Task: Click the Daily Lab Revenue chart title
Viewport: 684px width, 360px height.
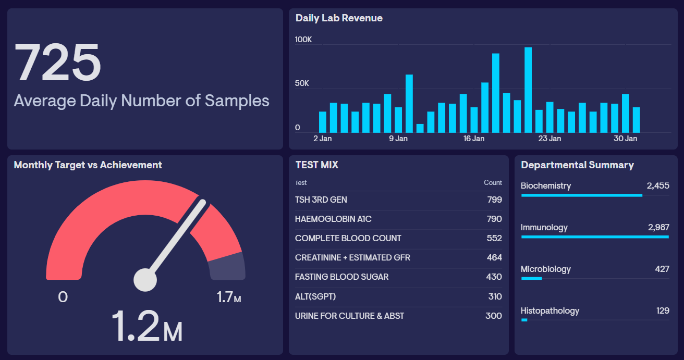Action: tap(339, 18)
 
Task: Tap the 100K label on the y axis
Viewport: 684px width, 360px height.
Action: tap(303, 40)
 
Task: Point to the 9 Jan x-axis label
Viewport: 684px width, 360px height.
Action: tap(398, 139)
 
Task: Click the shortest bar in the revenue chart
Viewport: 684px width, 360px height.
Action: tap(420, 128)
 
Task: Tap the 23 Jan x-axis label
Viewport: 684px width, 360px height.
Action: tap(549, 139)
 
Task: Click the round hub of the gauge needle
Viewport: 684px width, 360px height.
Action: tap(145, 280)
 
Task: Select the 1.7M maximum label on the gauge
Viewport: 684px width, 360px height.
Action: tap(229, 297)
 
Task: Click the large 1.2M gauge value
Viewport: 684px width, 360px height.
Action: tap(146, 327)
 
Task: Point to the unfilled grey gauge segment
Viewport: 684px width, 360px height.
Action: tap(227, 266)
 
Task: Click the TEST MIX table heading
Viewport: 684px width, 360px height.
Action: tap(316, 165)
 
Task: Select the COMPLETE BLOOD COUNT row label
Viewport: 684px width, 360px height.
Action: tap(348, 238)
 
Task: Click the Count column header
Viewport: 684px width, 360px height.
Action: tap(493, 183)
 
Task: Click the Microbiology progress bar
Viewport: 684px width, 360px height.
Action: tap(532, 278)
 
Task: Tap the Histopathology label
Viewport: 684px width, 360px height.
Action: tap(550, 311)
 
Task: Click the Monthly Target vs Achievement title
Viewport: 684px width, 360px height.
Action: tap(88, 165)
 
